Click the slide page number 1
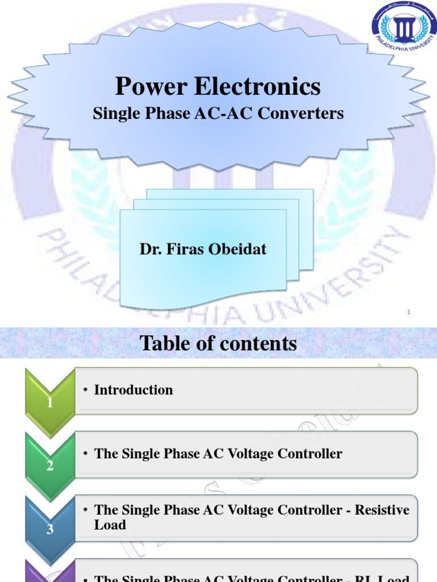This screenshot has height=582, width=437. tap(409, 312)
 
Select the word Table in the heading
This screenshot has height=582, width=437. tap(162, 343)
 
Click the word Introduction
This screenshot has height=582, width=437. tap(133, 390)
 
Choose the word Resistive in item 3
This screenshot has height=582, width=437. tap(382, 510)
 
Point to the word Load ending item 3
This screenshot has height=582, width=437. tap(110, 525)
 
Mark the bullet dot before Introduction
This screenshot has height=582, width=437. tap(85, 390)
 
